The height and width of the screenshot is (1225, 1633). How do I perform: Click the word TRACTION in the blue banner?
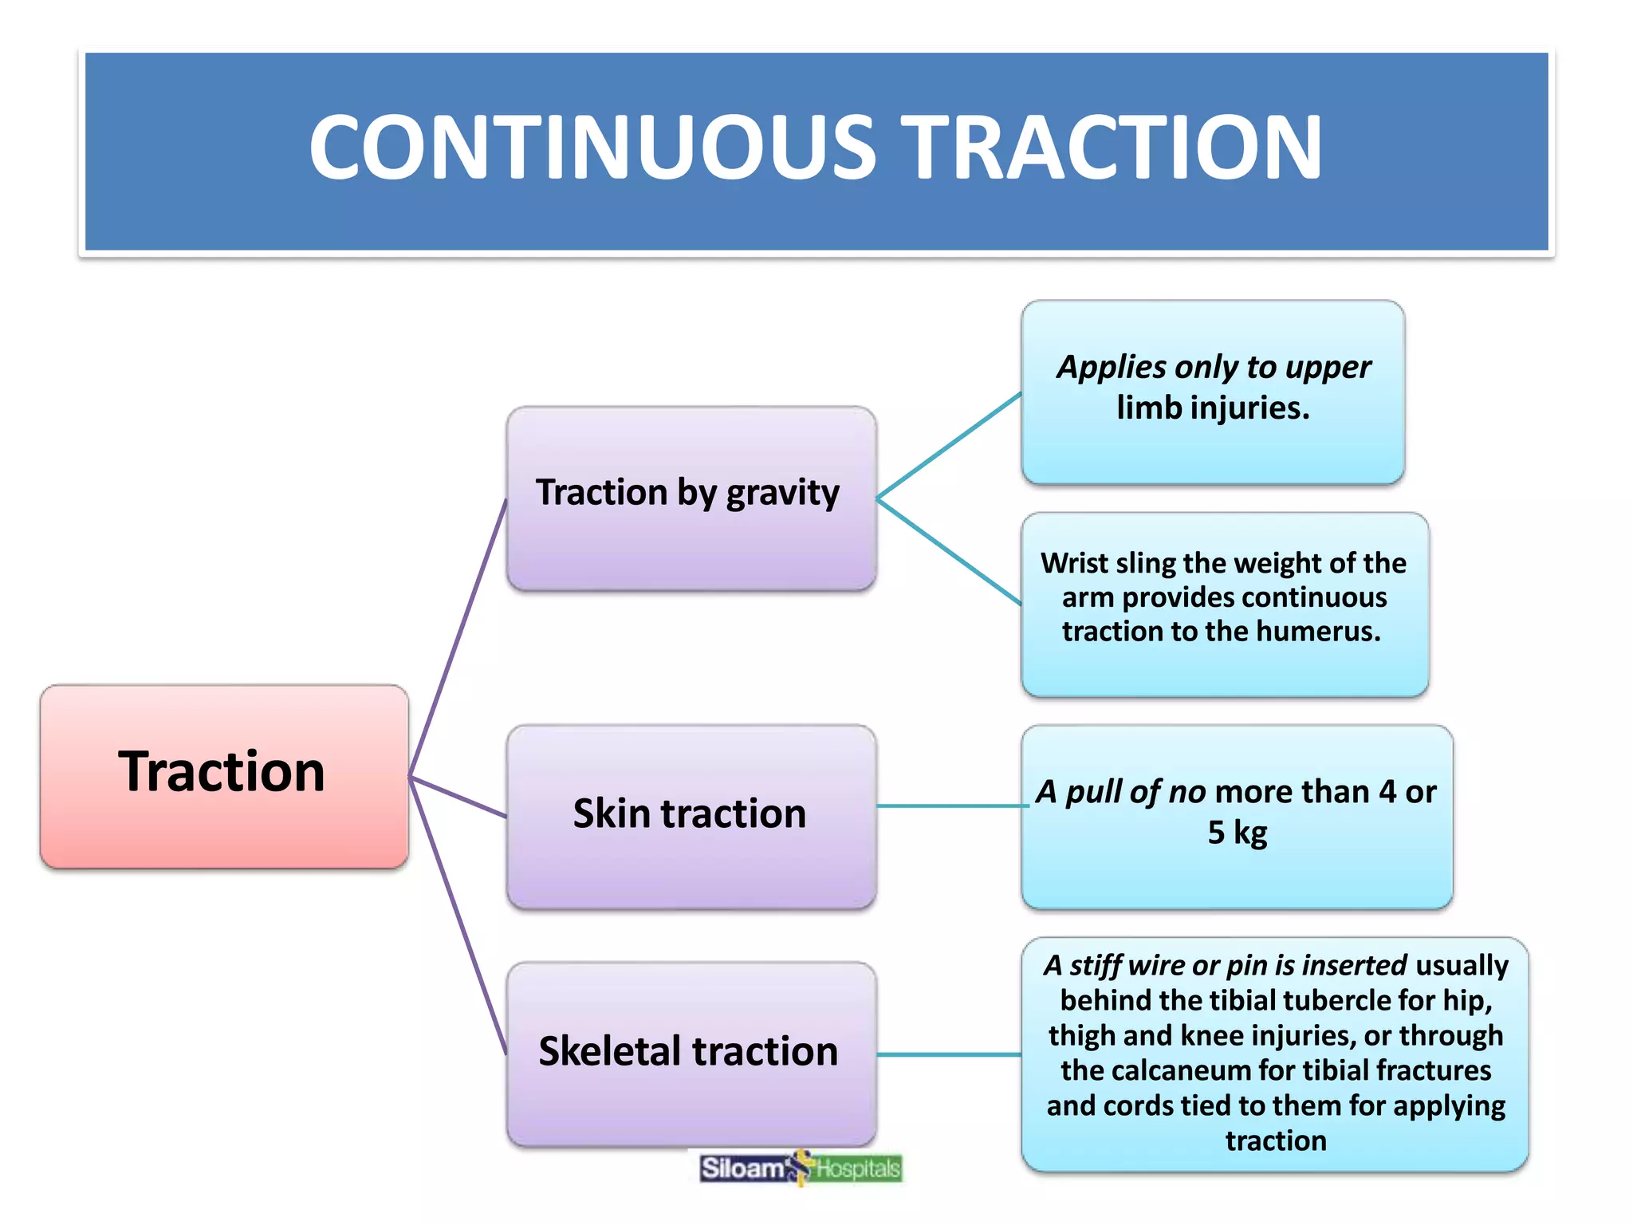(x=1113, y=148)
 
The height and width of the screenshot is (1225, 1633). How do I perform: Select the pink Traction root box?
(x=224, y=776)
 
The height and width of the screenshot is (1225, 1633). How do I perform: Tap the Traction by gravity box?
(x=691, y=498)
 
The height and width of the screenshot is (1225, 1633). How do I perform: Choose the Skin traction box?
(x=691, y=816)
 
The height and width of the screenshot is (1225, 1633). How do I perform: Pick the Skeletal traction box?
(x=691, y=1053)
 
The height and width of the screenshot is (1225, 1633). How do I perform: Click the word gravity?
(x=782, y=494)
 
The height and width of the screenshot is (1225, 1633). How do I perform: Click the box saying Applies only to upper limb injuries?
(x=1212, y=392)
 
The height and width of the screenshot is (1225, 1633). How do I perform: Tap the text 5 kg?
(x=1237, y=833)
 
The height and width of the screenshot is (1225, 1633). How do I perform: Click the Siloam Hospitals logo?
(x=800, y=1168)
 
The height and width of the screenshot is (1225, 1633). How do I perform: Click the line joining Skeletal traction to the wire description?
(x=949, y=1054)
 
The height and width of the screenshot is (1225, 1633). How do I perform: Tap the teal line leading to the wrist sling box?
(x=949, y=551)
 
